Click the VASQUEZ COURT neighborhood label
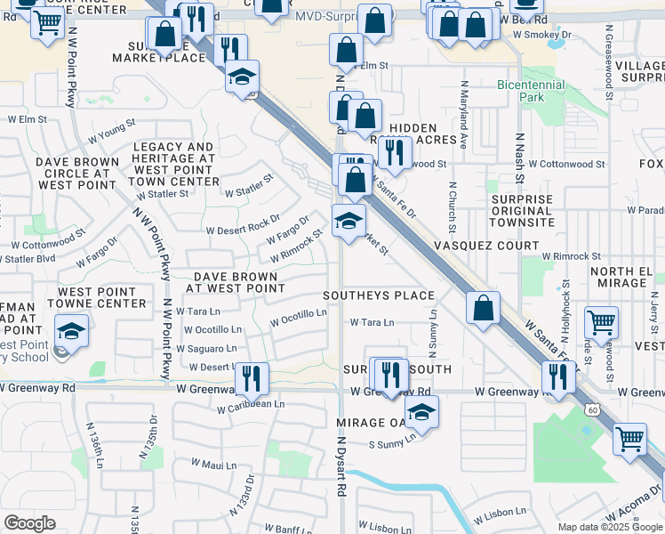(x=486, y=245)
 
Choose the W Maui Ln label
(x=214, y=464)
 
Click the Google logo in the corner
(x=29, y=523)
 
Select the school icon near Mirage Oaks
(x=421, y=412)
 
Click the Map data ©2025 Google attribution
(x=610, y=527)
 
